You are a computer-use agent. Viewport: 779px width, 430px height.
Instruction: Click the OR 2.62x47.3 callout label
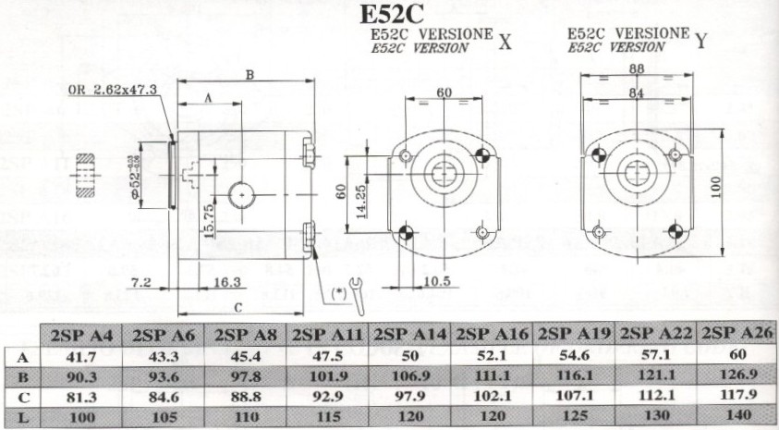113,90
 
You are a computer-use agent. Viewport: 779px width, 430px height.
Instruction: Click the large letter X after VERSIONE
505,42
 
